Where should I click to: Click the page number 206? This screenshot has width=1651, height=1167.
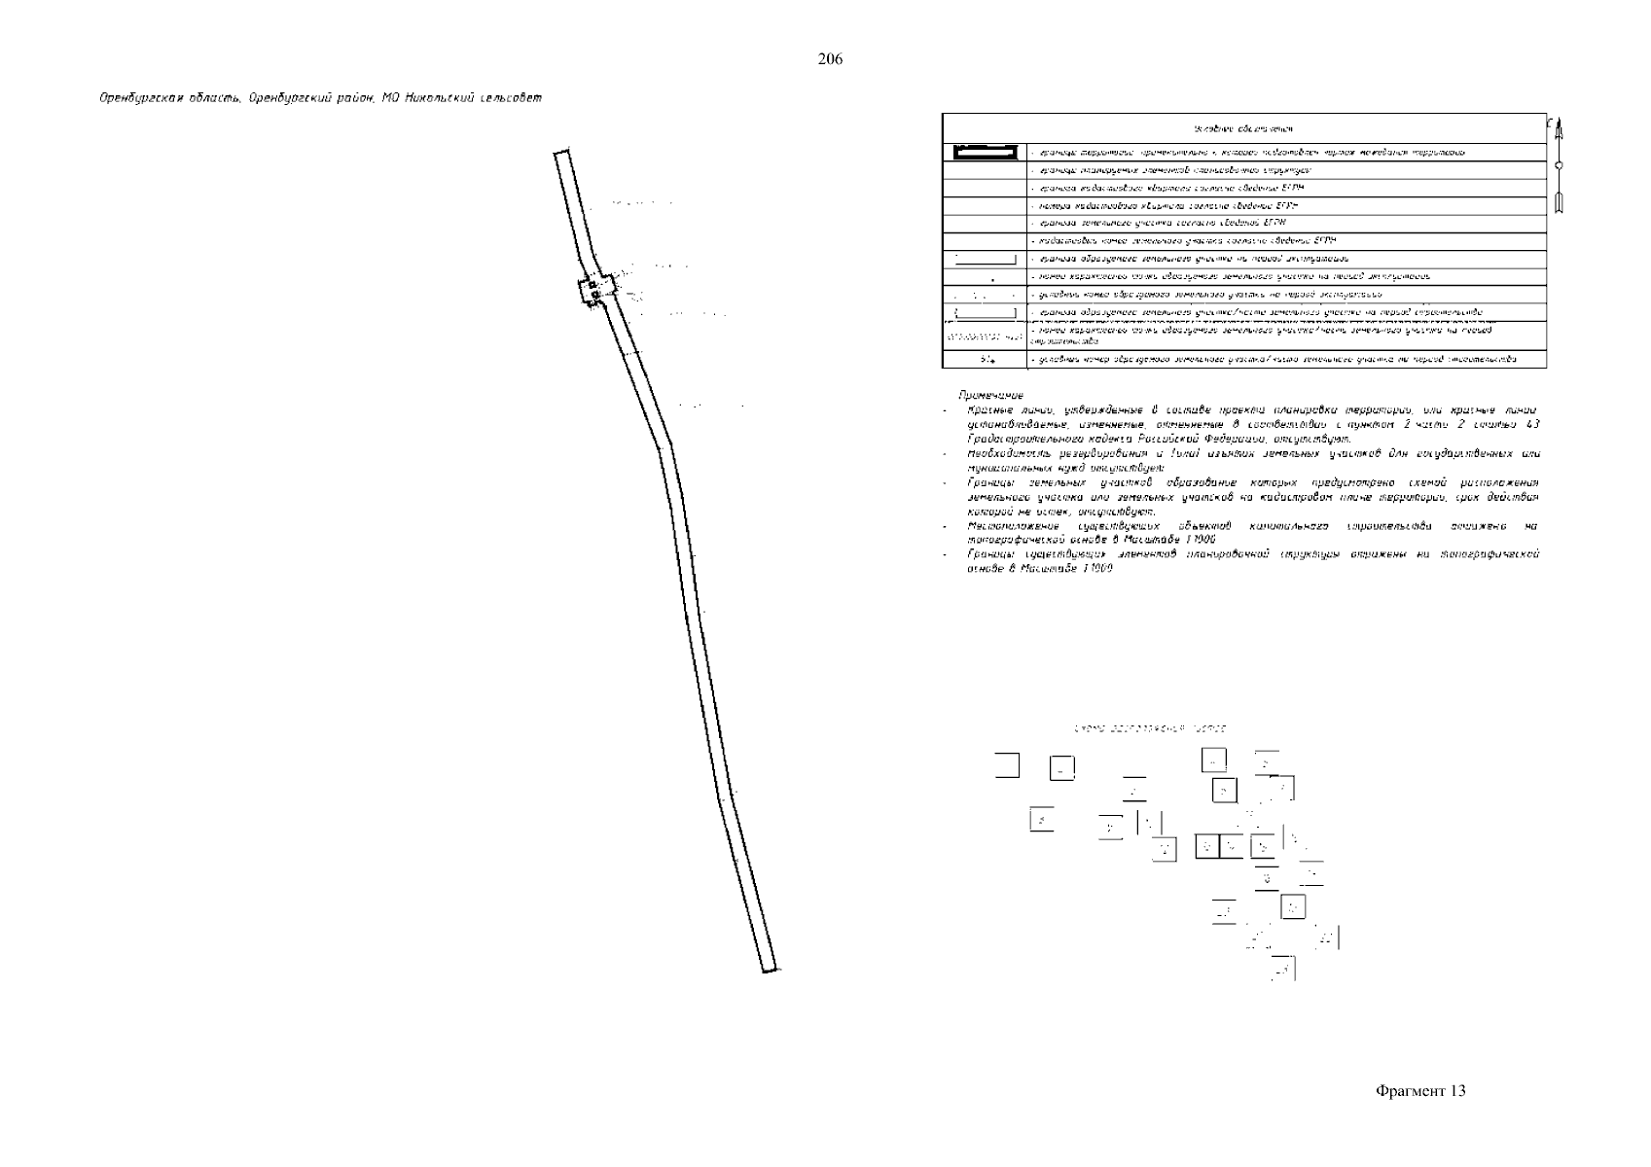coord(830,59)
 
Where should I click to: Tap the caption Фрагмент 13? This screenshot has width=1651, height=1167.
coord(1420,1090)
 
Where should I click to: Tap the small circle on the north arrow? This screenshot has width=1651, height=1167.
coord(1558,167)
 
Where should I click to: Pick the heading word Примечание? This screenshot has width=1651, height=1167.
coord(990,396)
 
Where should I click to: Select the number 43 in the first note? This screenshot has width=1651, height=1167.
coord(1531,425)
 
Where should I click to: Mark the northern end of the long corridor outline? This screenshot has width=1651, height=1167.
coord(560,152)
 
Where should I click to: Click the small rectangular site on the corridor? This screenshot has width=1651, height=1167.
coord(596,289)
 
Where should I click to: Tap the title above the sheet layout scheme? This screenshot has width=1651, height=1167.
coord(1149,728)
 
